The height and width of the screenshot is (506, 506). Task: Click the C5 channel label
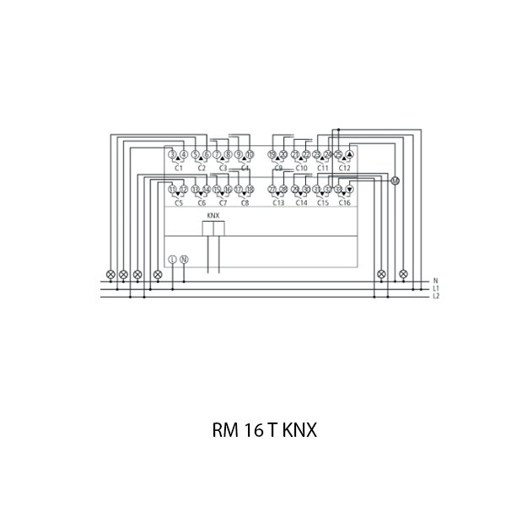pyautogui.click(x=178, y=203)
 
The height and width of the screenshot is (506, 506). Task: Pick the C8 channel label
pyautogui.click(x=245, y=203)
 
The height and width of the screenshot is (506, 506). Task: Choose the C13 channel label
pyautogui.click(x=277, y=203)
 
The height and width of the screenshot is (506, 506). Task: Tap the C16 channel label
pyautogui.click(x=344, y=203)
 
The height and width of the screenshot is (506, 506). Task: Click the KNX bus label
pyautogui.click(x=213, y=217)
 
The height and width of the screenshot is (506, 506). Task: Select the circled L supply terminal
pyautogui.click(x=173, y=259)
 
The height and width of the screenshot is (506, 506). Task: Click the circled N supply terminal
pyautogui.click(x=185, y=259)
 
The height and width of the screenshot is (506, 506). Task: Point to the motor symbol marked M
pyautogui.click(x=394, y=180)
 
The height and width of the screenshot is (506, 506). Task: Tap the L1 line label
pyautogui.click(x=436, y=288)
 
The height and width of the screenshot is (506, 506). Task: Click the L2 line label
pyautogui.click(x=436, y=296)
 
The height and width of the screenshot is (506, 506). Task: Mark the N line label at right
pyautogui.click(x=435, y=281)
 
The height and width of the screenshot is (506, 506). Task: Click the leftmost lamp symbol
pyautogui.click(x=110, y=274)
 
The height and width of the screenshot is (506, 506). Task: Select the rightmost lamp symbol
pyautogui.click(x=403, y=274)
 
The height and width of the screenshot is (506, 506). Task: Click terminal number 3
pyautogui.click(x=172, y=155)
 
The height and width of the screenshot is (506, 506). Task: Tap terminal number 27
pyautogui.click(x=272, y=190)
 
